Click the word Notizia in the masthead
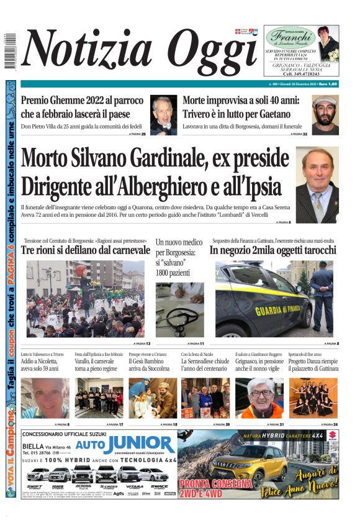84,51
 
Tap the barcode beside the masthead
9,51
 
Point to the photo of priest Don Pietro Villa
163,115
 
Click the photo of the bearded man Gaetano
325,115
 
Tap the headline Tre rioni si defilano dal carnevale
86,250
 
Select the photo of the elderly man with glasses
259,398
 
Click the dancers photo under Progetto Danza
313,398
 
